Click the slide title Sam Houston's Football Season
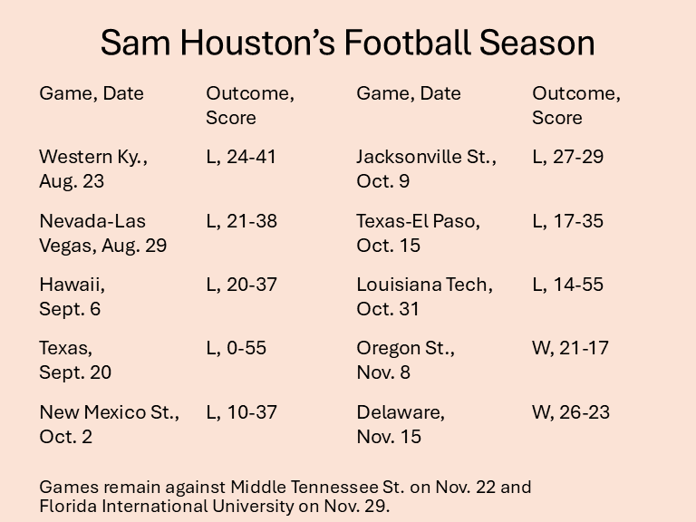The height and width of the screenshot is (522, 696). (347, 43)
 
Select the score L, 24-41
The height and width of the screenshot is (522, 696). (241, 157)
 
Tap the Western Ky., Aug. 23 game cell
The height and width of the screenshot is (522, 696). (92, 169)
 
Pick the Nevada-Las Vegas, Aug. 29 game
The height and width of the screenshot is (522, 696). (102, 233)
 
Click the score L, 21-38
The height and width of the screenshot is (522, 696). (241, 221)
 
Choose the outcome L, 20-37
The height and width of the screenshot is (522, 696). (241, 285)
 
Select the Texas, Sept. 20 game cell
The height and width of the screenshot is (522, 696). (74, 360)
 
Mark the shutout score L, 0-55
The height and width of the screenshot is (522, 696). (236, 348)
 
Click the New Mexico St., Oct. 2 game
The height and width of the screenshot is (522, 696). (109, 424)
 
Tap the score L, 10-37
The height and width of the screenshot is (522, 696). (241, 412)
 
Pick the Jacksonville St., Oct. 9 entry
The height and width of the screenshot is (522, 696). (426, 169)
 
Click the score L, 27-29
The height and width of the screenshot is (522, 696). (567, 157)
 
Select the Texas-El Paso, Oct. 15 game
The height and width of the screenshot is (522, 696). (418, 233)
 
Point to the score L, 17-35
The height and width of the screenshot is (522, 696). (567, 221)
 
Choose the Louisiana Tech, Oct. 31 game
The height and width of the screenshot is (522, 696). (424, 296)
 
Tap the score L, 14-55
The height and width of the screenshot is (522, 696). (567, 285)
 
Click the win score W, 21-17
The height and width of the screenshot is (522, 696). (571, 348)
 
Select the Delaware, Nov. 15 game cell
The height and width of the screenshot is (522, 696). (401, 424)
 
